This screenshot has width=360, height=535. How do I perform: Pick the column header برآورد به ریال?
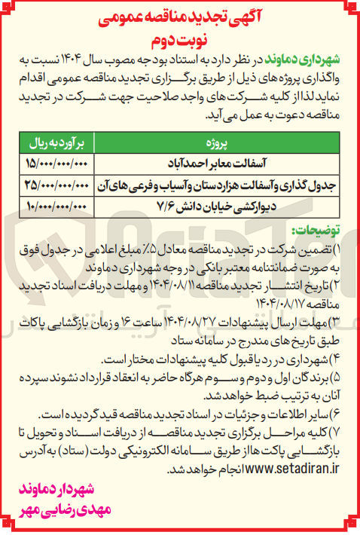[x=57, y=141]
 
